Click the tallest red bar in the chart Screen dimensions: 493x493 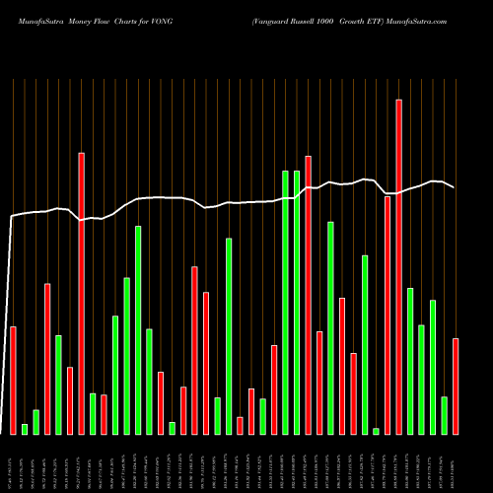click(398, 266)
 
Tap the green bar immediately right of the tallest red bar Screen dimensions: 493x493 click(410, 361)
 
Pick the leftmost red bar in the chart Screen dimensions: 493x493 click(13, 380)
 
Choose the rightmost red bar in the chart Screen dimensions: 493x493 click(456, 386)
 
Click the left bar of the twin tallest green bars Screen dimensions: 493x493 click(285, 302)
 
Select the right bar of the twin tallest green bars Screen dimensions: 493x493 click(297, 302)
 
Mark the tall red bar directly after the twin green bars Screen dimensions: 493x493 click(308, 295)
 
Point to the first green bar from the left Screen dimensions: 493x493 click(25, 429)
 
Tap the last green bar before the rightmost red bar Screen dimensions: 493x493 click(445, 415)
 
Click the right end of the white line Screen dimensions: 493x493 click(455, 187)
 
